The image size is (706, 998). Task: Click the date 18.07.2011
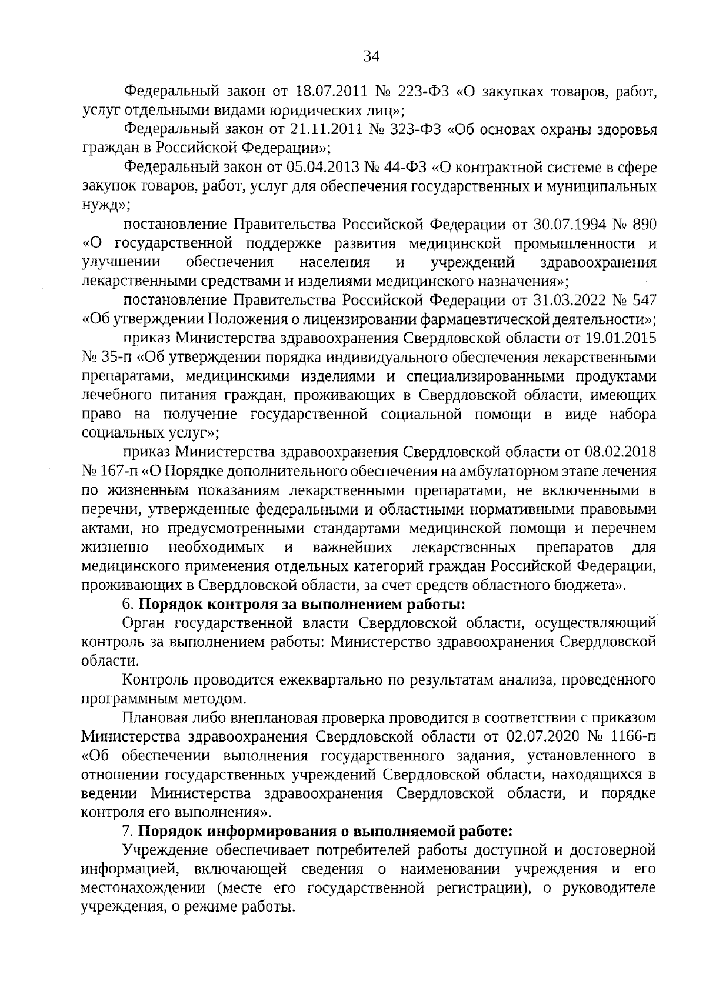click(335, 92)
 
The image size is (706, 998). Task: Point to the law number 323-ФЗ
click(415, 129)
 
